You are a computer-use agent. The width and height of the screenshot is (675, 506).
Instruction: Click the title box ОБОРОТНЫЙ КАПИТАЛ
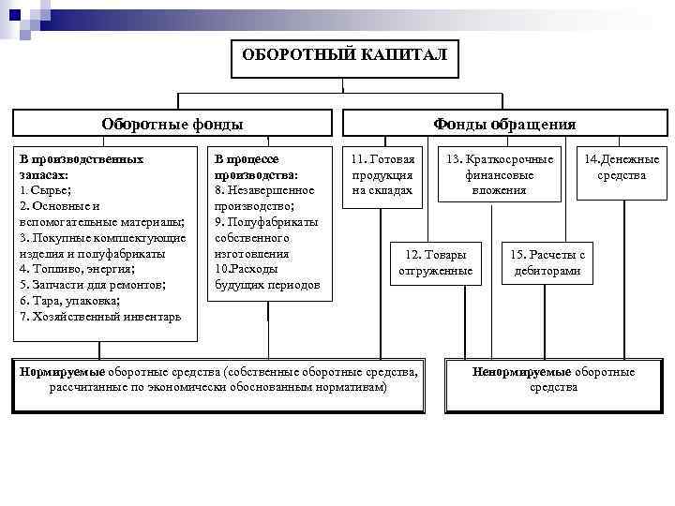344,54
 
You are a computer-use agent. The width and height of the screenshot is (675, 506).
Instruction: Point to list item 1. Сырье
43,189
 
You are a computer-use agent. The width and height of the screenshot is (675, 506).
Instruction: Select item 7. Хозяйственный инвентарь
100,317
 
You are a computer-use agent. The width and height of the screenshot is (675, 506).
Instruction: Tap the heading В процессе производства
256,167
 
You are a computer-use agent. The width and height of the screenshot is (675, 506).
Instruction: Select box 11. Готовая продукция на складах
382,175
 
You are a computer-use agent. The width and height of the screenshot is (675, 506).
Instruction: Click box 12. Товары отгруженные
435,263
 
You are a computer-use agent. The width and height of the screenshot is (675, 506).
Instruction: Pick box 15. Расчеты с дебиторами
547,263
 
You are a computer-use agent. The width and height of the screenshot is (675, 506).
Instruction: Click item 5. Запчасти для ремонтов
92,285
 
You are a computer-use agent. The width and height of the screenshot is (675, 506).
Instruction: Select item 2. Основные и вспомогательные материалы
101,214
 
